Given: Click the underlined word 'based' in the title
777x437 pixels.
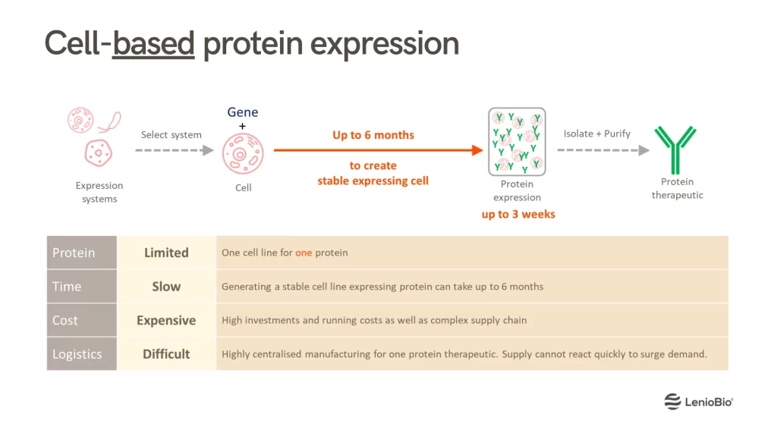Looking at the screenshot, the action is point(153,43).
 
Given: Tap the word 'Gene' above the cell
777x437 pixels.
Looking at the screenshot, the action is point(242,112).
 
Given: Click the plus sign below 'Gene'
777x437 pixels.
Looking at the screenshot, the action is point(242,127).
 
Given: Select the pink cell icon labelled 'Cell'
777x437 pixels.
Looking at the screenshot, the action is point(243,155).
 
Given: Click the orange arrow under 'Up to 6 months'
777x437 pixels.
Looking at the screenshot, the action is point(378,150).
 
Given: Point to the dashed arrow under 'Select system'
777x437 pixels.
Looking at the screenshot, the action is point(174,150).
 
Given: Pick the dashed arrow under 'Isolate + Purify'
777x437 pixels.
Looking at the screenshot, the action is point(603,150).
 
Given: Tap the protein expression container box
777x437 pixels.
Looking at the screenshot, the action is point(517,142).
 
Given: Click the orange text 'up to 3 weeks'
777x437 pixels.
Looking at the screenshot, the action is point(518,215).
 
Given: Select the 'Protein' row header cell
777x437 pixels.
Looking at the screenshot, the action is point(82,253).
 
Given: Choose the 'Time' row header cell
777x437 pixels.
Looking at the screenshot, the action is point(82,286).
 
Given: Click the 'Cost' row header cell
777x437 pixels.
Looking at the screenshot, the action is point(82,320).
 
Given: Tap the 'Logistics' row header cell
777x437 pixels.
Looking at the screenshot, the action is point(82,354).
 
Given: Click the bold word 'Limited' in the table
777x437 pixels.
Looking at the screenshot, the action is point(166,253).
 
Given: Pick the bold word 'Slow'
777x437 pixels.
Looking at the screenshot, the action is point(166,286).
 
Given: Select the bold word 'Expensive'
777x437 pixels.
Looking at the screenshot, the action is point(166,321).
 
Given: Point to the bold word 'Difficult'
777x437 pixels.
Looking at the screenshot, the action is point(166,354).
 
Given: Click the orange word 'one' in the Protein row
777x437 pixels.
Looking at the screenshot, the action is point(304,253).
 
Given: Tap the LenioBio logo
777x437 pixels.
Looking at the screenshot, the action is point(698,401).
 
